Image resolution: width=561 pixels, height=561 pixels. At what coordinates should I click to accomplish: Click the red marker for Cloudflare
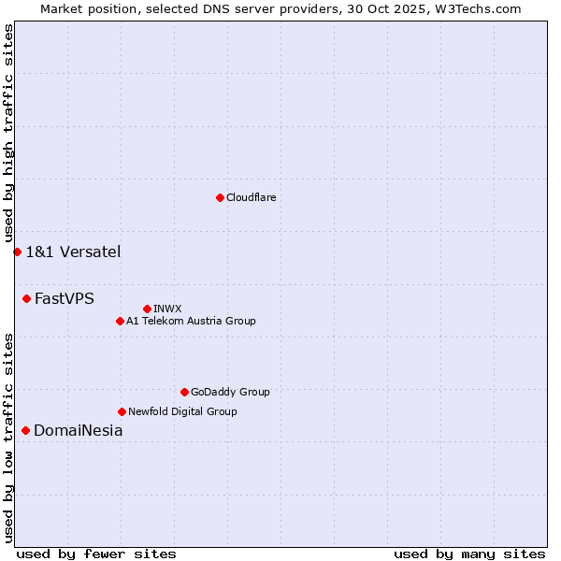pos(220,197)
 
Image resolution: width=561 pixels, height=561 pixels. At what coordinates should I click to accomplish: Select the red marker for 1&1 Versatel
pos(17,252)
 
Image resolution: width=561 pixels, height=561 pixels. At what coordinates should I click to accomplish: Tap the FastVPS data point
pos(26,298)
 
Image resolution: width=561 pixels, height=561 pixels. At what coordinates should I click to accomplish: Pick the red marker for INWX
pos(147,309)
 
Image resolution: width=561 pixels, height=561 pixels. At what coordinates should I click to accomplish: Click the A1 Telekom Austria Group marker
pos(120,321)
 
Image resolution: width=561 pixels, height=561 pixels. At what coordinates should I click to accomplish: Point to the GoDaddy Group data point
pos(184,392)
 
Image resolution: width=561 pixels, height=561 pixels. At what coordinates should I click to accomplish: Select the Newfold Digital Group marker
pos(122,411)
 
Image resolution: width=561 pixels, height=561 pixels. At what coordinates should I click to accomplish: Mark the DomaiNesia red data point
pos(25,430)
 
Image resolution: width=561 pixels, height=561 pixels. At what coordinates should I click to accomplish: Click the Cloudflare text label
pos(251,197)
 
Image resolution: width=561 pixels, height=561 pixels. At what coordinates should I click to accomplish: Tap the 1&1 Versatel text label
pos(73,252)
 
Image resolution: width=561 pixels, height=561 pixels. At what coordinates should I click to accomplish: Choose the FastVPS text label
pos(65,299)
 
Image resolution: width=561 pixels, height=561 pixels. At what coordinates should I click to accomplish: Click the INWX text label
pos(167,309)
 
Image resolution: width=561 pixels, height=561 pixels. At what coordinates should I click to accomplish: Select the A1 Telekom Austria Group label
pos(191,321)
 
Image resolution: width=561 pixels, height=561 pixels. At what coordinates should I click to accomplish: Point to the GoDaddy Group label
pos(230,392)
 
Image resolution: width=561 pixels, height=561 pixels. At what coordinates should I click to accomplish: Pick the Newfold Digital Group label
pos(182,411)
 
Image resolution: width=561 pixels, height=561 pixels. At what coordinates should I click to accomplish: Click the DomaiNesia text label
pos(78,431)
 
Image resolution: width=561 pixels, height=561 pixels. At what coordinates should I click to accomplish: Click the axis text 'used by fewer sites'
pos(96,554)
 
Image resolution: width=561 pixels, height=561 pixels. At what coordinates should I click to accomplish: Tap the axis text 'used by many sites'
pos(469,554)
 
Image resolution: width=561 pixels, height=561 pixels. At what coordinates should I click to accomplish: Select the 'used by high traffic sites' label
pos(8,134)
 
